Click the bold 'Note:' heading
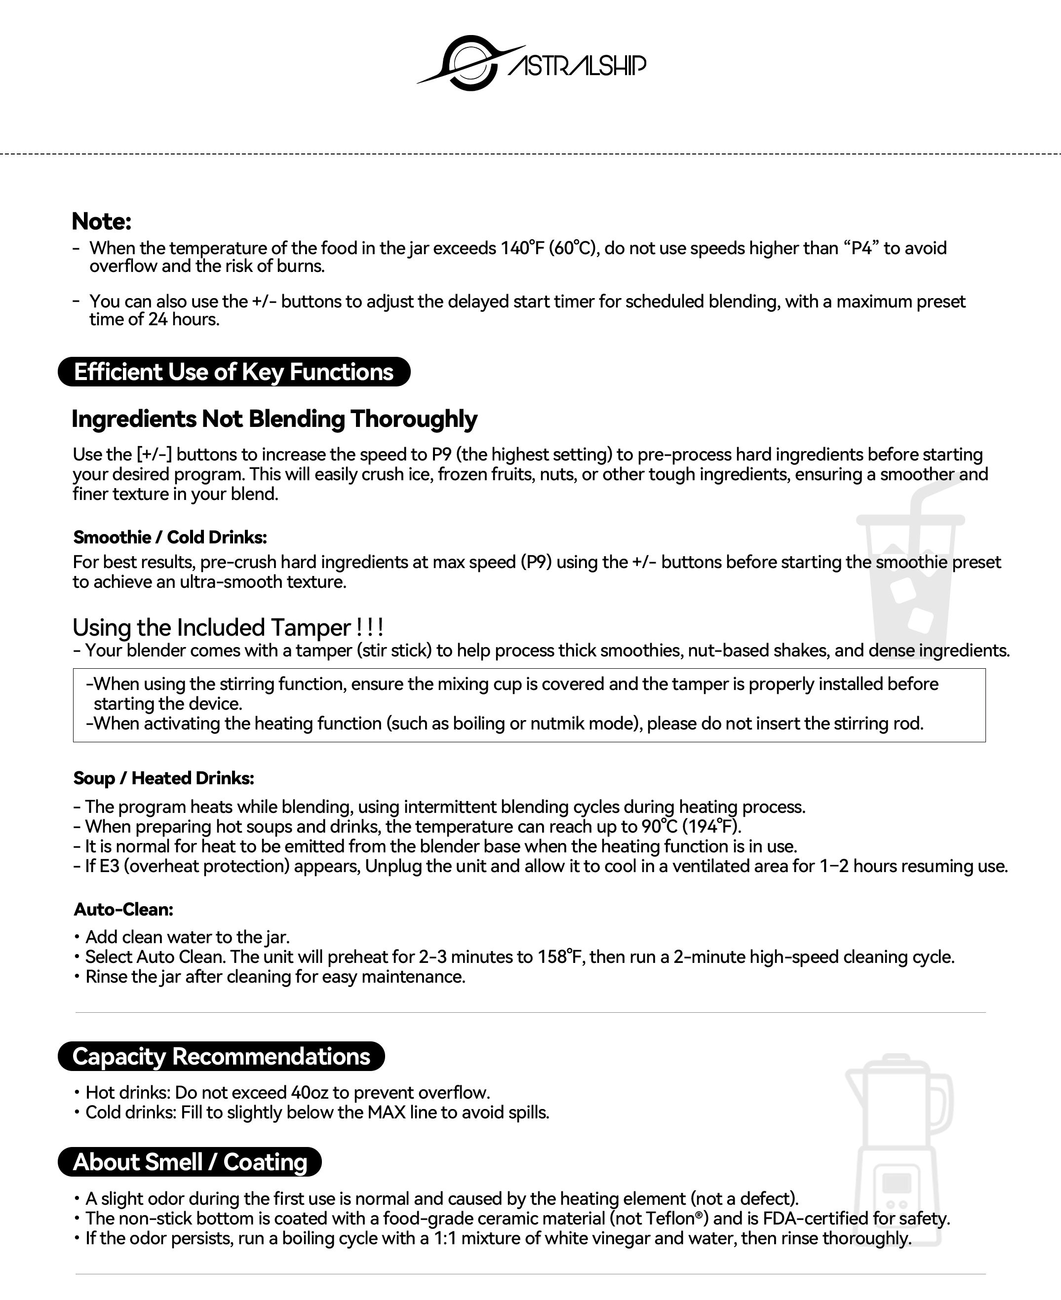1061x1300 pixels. tap(101, 221)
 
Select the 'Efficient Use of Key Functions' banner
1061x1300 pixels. tap(234, 372)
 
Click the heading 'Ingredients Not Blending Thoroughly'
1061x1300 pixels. tap(274, 419)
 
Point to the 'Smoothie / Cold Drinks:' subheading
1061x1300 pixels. tap(170, 537)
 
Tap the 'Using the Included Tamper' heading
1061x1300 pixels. tap(227, 627)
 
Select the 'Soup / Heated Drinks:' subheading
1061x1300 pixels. tap(163, 778)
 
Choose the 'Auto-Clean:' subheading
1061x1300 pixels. tap(123, 909)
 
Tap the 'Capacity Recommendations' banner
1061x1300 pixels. tap(221, 1056)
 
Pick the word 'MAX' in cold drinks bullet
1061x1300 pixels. tap(386, 1112)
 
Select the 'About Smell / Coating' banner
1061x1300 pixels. tap(190, 1161)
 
